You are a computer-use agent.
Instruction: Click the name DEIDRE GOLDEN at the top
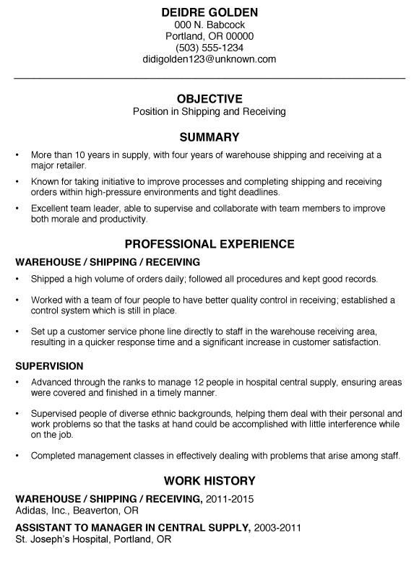tap(209, 12)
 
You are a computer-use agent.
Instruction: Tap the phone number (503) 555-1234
tap(209, 48)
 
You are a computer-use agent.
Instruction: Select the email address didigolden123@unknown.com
tap(209, 59)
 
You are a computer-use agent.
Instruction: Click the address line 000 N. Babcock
tap(209, 25)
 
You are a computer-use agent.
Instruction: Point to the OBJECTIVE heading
tap(209, 98)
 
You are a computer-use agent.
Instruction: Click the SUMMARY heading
tap(209, 136)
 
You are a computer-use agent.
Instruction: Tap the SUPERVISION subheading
tap(49, 366)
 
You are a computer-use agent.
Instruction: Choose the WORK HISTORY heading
tap(209, 480)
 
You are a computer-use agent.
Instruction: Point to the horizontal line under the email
tap(209, 77)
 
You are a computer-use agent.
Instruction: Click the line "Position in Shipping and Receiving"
tap(209, 112)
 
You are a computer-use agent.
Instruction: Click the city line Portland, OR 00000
tap(209, 36)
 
